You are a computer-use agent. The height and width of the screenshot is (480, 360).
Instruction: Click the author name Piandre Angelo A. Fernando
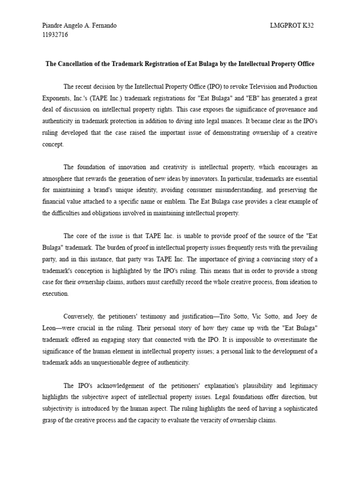[x=79, y=26]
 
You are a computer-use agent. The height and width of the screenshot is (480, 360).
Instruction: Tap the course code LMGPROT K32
[x=289, y=26]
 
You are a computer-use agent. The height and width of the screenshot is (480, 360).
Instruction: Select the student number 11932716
[x=55, y=35]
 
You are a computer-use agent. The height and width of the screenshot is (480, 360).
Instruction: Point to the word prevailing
[x=300, y=247]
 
